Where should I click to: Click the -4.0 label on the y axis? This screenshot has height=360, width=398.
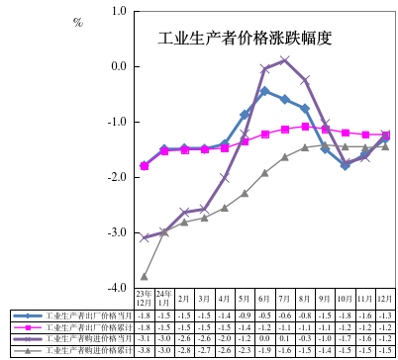click(x=119, y=288)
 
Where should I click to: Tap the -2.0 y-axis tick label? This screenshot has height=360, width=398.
click(x=119, y=177)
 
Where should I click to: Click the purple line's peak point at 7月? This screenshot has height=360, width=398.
click(x=285, y=59)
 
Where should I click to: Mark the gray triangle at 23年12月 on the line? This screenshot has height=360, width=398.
click(x=145, y=276)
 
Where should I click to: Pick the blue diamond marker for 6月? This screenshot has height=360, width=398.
click(x=264, y=91)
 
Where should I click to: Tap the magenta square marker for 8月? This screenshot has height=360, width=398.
click(x=305, y=127)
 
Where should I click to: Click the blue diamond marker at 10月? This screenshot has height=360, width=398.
click(x=346, y=165)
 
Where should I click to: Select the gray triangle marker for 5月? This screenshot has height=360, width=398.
click(x=245, y=194)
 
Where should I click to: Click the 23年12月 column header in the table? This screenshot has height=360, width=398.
click(x=145, y=296)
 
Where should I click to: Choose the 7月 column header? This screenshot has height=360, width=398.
click(x=285, y=297)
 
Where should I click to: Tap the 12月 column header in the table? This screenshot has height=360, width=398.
click(x=385, y=297)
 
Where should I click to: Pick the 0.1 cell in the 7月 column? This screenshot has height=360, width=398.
click(x=285, y=337)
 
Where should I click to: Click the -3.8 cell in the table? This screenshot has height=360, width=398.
click(x=145, y=349)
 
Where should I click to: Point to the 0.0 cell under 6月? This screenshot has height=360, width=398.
click(x=264, y=337)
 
